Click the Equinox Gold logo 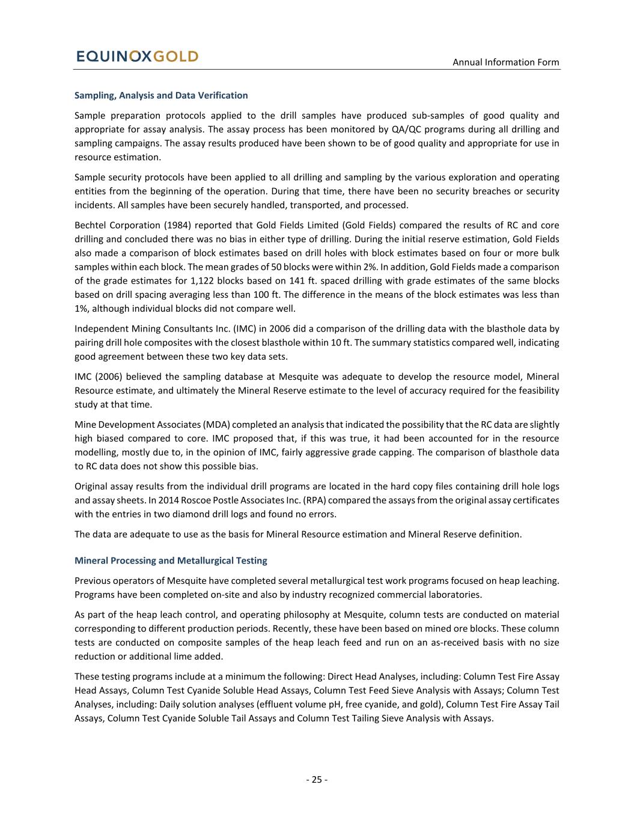coord(137,56)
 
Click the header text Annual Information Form coord(505,62)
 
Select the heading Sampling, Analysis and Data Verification coord(161,96)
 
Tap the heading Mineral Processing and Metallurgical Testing coord(171,560)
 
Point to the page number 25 coord(317,780)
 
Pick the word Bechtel coord(91,225)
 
